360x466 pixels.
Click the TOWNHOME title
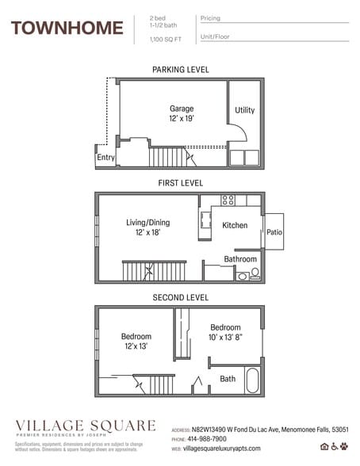67,29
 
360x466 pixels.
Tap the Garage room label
182,108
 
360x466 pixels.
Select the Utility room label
245,110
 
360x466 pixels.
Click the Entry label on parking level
105,158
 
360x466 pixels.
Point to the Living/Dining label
148,223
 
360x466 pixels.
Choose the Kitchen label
235,225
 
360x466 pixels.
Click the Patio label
274,232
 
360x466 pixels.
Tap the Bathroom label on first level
240,259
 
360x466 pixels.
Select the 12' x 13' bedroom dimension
136,347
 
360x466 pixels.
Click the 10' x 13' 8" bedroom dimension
226,338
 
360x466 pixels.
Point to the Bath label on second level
228,379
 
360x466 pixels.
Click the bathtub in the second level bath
252,380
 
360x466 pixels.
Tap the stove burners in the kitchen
228,200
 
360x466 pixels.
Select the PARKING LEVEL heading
181,70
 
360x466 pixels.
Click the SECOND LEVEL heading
181,297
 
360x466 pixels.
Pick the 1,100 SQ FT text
165,39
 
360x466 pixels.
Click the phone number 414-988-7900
209,438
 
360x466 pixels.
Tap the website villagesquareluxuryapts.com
226,449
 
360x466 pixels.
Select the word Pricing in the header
211,17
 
